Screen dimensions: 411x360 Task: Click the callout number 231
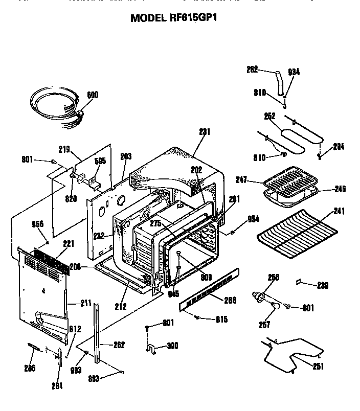(205, 132)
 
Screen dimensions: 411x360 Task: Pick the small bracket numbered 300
(150, 349)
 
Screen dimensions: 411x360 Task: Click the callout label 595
(101, 161)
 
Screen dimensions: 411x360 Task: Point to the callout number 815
(221, 319)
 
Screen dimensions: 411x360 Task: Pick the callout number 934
(293, 73)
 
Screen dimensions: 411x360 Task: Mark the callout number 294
(338, 147)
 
